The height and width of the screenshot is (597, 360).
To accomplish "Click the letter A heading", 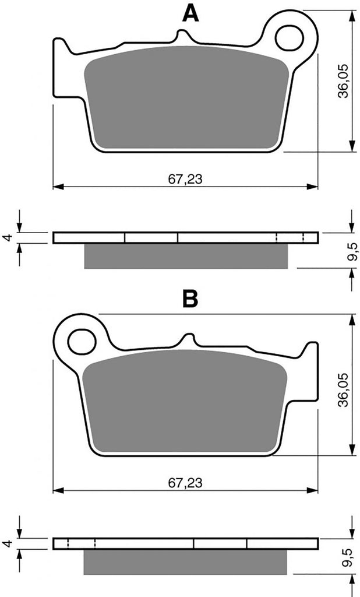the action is tap(190, 14).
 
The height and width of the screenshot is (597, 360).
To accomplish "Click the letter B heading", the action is tap(190, 299).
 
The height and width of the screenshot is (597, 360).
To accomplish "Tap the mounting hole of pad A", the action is tap(289, 38).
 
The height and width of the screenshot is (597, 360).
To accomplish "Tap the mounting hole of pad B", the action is tap(82, 341).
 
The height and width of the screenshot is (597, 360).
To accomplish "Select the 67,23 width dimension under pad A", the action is tap(185, 179).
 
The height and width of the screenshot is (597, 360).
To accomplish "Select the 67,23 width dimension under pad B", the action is tap(185, 483).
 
